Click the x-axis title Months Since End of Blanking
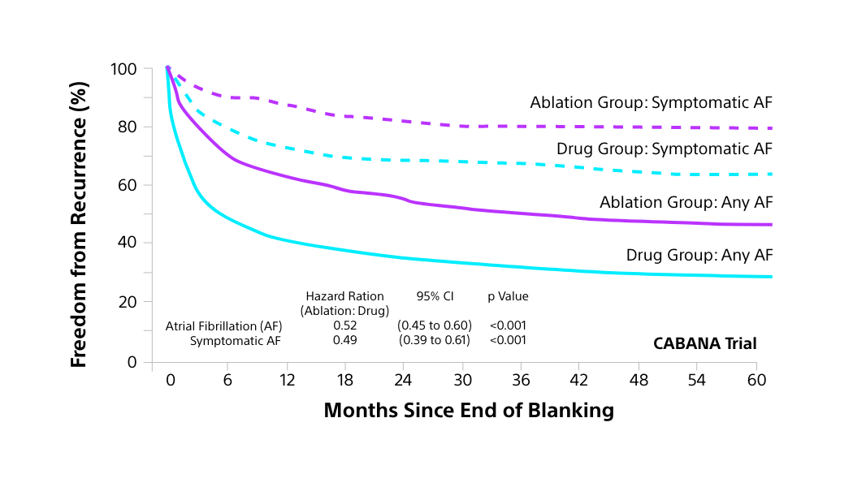468,411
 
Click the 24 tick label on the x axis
404,380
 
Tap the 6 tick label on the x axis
228,380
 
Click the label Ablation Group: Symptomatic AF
651,103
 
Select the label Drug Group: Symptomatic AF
664,149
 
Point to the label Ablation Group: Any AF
686,202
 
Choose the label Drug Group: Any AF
699,255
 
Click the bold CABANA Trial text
704,343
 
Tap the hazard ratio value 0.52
344,325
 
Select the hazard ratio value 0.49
344,340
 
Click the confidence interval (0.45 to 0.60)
435,325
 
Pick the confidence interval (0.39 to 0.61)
435,340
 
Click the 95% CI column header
435,296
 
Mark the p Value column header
508,296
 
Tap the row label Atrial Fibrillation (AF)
223,325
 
